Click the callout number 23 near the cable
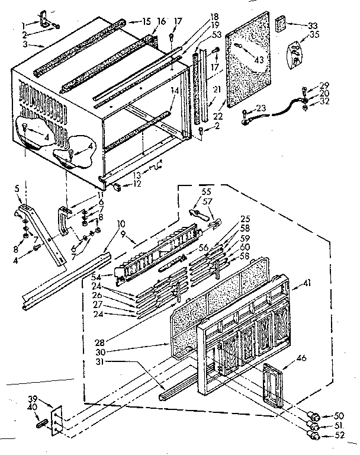262,108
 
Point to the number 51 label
339,426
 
